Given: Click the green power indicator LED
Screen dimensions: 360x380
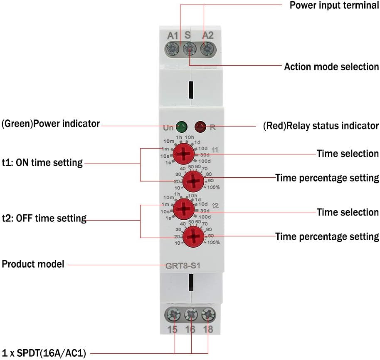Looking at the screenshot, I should click(x=181, y=125).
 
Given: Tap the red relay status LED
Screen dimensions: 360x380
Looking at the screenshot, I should click(x=201, y=125).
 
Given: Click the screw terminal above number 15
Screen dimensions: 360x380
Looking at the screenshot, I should click(x=173, y=315).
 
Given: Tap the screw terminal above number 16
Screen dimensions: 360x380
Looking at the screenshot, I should click(x=190, y=315).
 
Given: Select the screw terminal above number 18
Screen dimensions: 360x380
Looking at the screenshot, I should click(x=207, y=315).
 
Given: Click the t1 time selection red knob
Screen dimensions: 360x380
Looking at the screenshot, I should click(x=183, y=154).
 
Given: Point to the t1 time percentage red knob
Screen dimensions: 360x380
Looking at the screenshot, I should click(x=193, y=181).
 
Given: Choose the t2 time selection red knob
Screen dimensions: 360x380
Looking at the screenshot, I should click(x=183, y=209).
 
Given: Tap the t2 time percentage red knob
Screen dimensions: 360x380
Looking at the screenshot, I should click(x=193, y=238).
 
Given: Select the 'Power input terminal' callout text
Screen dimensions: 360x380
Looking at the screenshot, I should click(x=334, y=5).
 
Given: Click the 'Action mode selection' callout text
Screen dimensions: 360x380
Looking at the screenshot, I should click(x=331, y=67).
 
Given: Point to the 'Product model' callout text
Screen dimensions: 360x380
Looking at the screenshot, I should click(x=33, y=264).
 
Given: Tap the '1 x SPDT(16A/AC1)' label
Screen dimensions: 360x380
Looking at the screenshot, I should click(x=44, y=353).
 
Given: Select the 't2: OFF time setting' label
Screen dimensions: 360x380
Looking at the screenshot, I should click(x=44, y=218).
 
